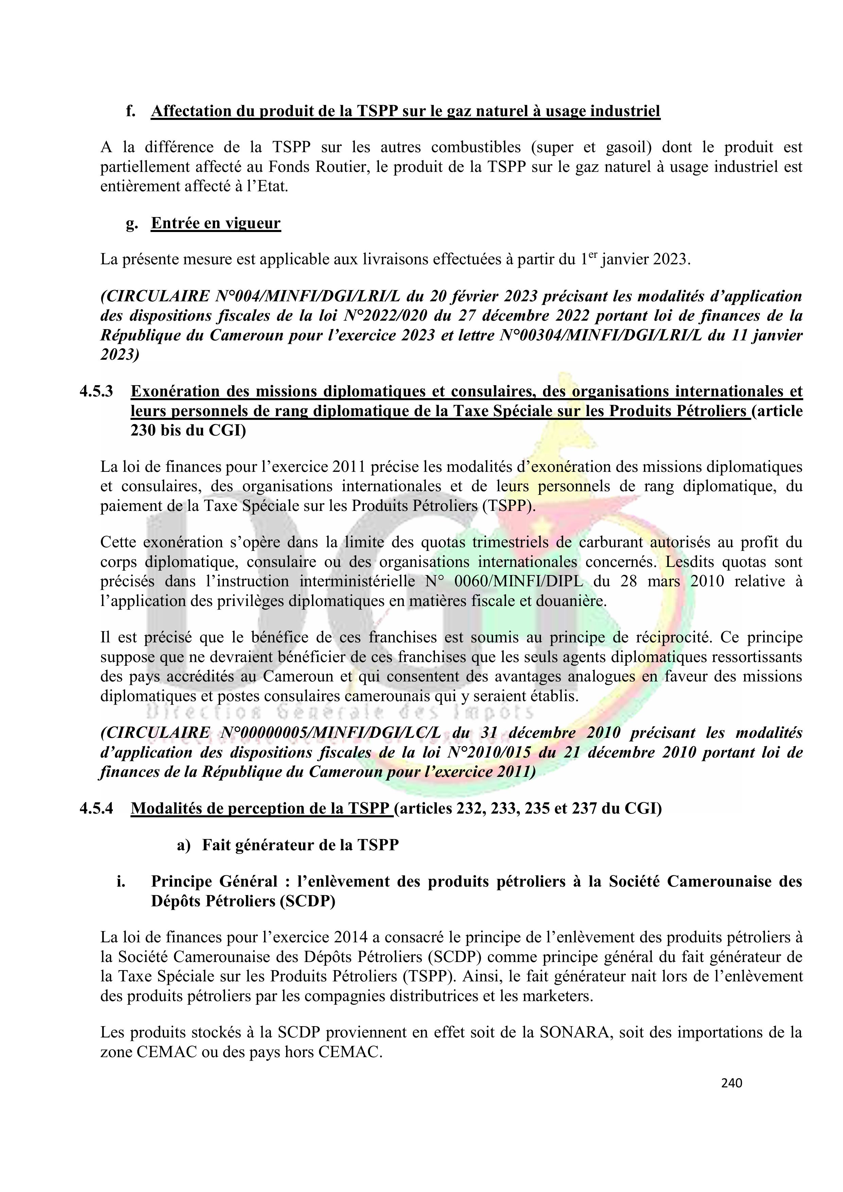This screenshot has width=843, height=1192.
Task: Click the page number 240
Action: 731,1083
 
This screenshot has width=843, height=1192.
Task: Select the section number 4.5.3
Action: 96,391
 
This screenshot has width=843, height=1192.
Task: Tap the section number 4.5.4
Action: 96,808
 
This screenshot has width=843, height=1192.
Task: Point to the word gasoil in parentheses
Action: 629,147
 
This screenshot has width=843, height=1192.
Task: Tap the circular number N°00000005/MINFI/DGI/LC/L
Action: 331,733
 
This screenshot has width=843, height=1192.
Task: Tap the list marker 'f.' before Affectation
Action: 130,111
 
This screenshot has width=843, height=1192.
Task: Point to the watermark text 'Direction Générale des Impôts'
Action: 340,712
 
